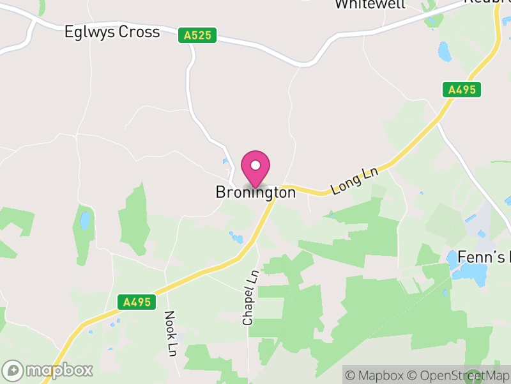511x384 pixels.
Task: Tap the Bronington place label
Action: coord(256,192)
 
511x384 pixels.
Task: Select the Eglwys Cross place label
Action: coord(112,32)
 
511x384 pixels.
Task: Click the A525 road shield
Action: coord(197,36)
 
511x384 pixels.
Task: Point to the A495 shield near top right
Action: coord(462,90)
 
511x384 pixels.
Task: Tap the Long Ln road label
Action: coord(355,181)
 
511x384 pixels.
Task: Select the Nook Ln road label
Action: coord(171,333)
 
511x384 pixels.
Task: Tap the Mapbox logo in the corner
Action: coord(48,370)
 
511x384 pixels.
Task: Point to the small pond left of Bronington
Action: coord(85,220)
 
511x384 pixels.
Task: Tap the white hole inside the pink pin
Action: coord(256,166)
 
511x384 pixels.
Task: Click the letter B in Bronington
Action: coord(221,192)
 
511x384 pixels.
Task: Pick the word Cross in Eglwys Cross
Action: coord(139,32)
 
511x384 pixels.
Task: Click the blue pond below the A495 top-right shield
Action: coord(445,51)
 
